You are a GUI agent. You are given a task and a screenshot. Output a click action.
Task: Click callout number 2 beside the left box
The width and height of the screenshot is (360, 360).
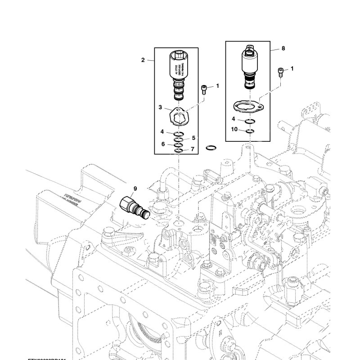[143, 60]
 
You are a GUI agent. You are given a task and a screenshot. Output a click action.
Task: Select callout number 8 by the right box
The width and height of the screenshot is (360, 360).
[283, 47]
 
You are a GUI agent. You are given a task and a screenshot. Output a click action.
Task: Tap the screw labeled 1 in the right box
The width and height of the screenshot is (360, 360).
[282, 71]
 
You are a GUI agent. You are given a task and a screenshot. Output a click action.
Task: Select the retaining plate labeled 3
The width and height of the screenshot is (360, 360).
[179, 116]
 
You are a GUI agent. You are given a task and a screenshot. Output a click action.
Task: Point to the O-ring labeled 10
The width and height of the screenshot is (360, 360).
[250, 131]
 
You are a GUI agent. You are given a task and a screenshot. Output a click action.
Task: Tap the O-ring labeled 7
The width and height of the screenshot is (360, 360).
[179, 150]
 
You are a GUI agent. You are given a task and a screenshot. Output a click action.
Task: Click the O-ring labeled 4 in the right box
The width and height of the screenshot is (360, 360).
[250, 121]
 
